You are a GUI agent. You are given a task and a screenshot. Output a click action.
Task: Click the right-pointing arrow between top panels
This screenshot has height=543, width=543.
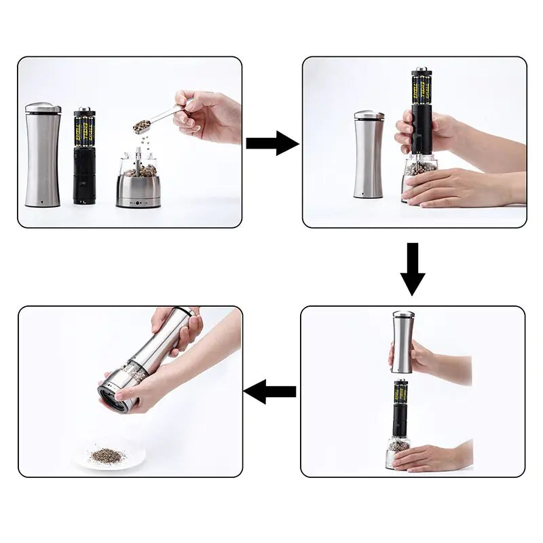coord(271,143)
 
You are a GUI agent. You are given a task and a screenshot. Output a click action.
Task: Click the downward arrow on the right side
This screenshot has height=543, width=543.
coord(412,269)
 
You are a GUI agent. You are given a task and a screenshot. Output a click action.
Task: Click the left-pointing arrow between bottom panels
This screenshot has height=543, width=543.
coord(270,392)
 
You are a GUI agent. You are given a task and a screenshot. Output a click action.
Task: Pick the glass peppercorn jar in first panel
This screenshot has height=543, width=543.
coord(138,166)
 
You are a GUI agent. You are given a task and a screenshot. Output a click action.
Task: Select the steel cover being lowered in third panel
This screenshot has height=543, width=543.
coord(403,343)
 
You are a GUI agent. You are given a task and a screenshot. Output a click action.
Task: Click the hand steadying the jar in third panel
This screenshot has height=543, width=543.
coord(431,457)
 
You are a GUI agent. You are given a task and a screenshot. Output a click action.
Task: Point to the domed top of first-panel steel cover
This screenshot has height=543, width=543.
coord(43,107)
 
